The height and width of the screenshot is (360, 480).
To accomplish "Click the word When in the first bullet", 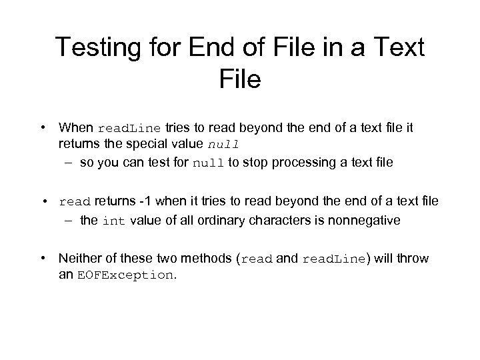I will [x=76, y=127].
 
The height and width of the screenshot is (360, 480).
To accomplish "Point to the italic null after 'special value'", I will [x=223, y=143].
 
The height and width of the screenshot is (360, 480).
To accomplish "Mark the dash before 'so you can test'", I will [x=69, y=161].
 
